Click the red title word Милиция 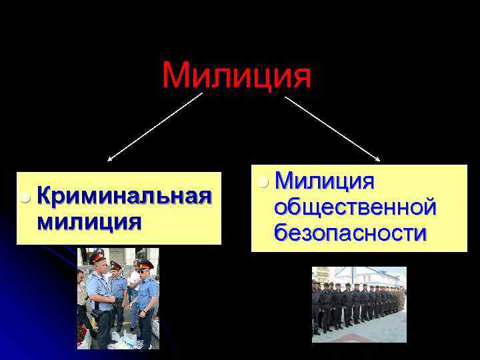click(x=237, y=75)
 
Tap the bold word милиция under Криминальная click(x=90, y=221)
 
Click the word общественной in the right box click(x=355, y=207)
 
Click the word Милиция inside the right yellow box click(x=325, y=180)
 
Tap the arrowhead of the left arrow click(x=110, y=159)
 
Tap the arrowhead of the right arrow click(x=377, y=159)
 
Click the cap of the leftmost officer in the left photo click(x=99, y=255)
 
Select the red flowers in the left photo click(x=81, y=331)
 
